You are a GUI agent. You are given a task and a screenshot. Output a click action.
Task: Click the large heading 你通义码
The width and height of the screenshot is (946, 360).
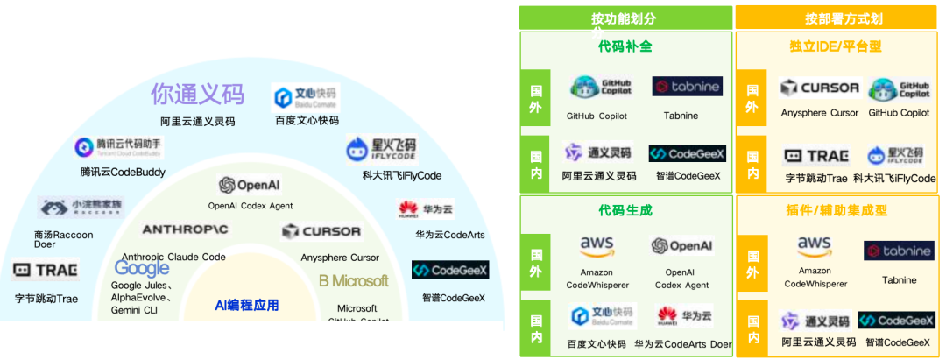197,94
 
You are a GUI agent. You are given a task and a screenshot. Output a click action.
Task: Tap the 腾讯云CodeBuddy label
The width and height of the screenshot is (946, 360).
123,172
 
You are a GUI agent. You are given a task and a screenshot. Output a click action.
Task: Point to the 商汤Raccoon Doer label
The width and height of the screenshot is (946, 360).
63,240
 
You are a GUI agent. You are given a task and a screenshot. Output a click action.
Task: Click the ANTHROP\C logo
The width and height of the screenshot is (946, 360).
185,229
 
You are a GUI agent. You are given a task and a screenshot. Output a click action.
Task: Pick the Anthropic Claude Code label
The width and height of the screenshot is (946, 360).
172,257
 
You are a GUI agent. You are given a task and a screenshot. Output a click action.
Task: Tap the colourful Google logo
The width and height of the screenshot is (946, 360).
142,269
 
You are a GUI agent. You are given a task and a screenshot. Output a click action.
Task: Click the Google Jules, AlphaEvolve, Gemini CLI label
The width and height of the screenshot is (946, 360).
141,296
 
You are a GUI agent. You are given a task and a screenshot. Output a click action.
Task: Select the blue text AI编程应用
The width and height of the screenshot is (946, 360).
246,305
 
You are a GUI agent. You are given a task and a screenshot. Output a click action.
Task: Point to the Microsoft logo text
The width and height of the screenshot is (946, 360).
354,281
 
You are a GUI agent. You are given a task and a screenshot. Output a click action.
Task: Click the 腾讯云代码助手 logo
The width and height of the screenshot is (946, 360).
117,147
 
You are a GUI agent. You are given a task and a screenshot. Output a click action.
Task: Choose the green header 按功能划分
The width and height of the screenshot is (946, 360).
625,18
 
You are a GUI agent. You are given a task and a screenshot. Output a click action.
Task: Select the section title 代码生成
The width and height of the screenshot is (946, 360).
625,210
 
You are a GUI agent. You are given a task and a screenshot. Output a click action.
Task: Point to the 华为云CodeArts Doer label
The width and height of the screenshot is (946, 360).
683,344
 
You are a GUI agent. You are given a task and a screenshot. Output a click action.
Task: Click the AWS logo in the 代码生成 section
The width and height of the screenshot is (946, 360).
597,248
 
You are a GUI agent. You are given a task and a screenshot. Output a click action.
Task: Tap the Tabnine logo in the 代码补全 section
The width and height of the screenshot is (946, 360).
687,86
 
